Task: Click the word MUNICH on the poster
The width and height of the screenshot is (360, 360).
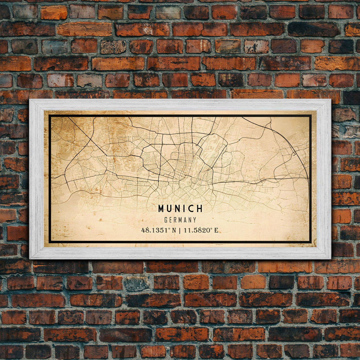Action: pos(180,209)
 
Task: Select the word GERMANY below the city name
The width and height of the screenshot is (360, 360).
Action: pos(180,220)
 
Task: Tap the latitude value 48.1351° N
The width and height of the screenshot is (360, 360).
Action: pos(159,230)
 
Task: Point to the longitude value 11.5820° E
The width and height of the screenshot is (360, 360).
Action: pos(201,230)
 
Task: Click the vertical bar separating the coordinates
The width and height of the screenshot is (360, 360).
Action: pos(180,230)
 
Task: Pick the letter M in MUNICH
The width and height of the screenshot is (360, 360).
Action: pos(161,209)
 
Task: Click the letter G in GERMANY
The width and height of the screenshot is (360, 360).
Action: pos(166,220)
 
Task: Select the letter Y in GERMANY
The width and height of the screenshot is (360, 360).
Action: pos(195,220)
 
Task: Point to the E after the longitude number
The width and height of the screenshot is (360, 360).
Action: pos(216,230)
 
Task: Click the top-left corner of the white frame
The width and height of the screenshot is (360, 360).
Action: pos(30,100)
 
